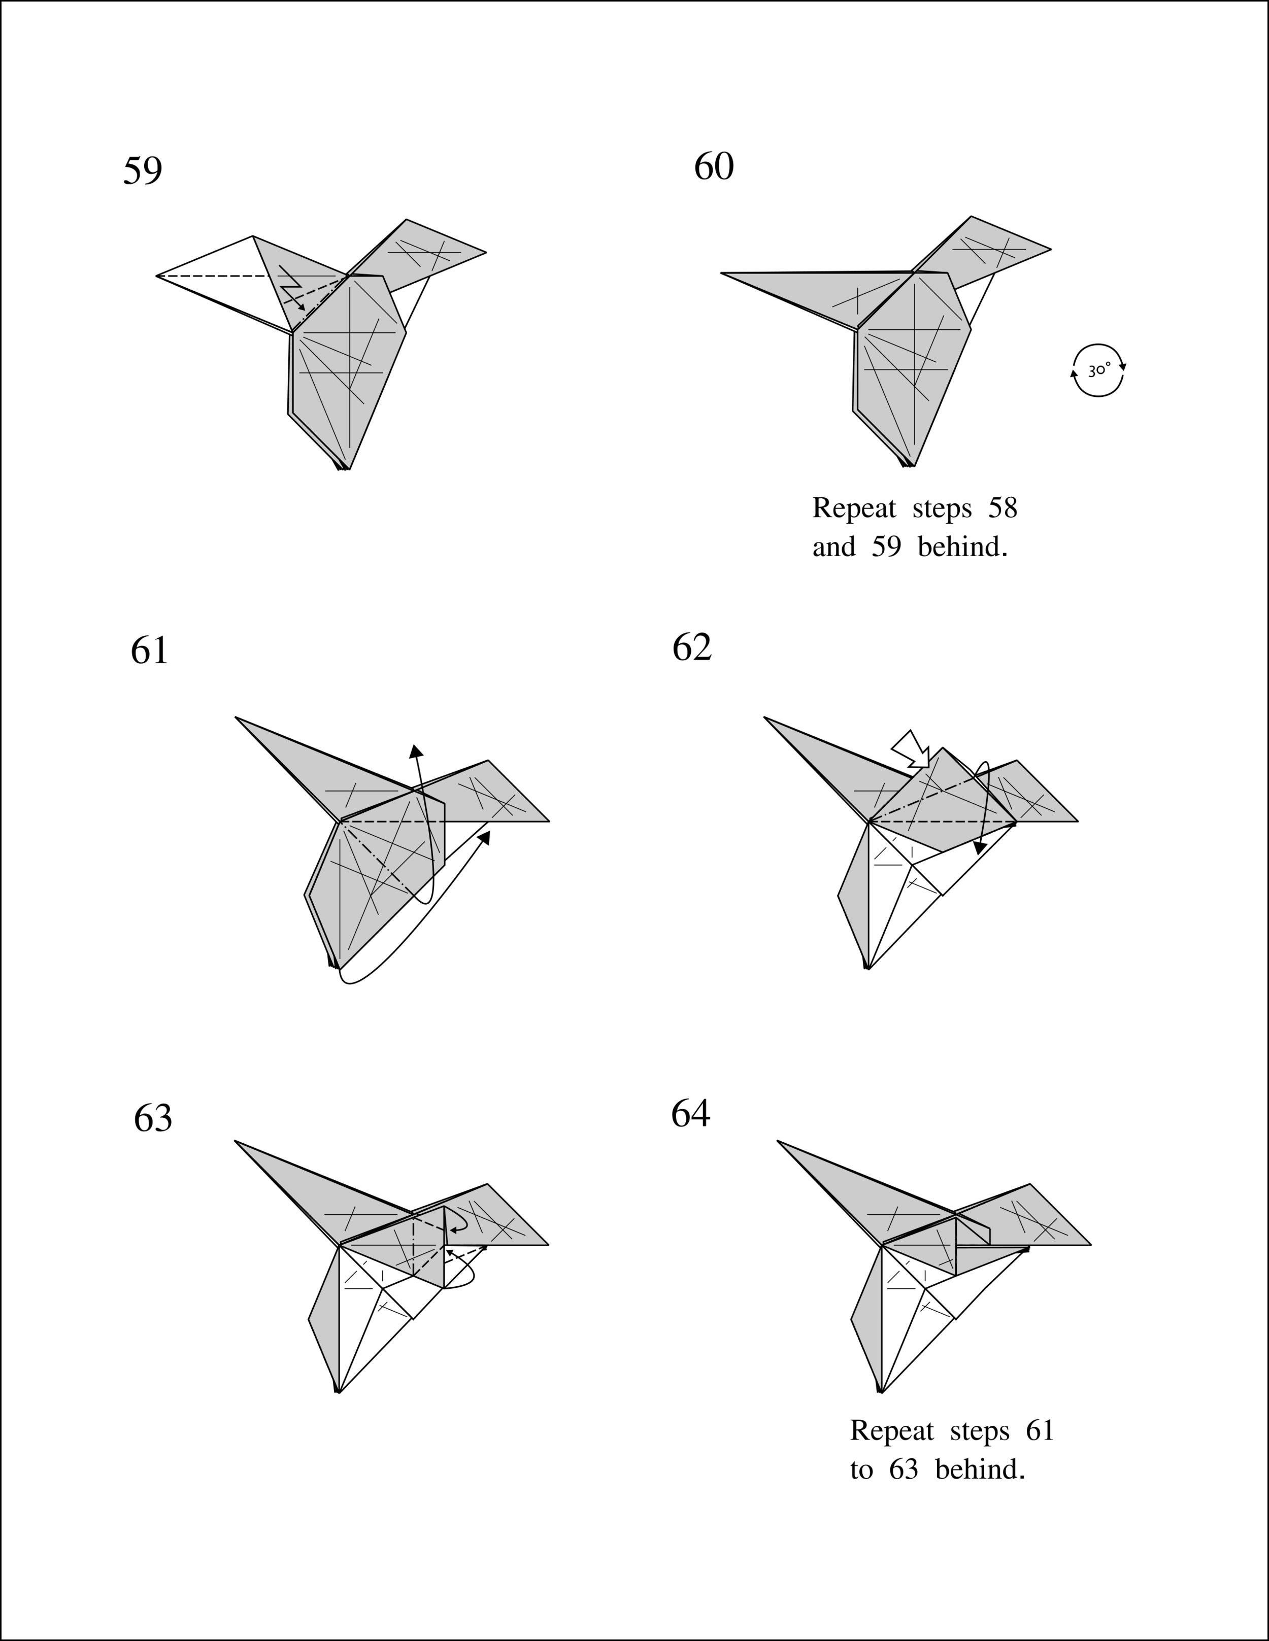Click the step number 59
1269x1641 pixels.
(x=142, y=172)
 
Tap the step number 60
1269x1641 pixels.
(x=714, y=167)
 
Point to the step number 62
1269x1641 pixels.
(x=692, y=647)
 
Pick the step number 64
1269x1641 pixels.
(x=690, y=1113)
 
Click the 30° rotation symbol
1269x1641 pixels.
(x=1098, y=370)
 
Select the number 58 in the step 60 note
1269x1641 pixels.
(x=1002, y=508)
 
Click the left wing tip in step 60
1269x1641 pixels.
(x=723, y=273)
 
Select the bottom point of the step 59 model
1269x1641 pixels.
(x=346, y=469)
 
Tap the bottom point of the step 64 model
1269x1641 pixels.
(x=880, y=1391)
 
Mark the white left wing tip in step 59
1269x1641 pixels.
(x=158, y=276)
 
